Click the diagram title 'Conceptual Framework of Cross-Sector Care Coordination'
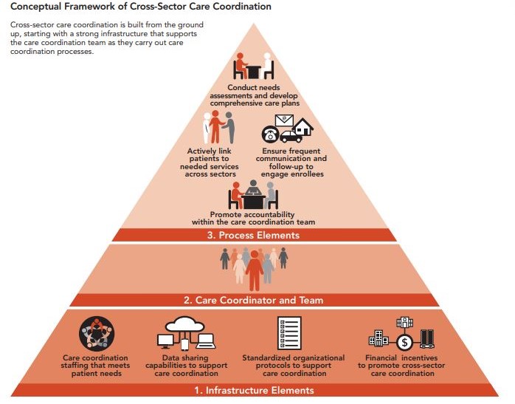point(141,7)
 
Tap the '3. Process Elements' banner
point(254,235)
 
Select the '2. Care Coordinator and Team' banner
point(254,300)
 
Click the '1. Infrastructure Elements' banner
point(254,390)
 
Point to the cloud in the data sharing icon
point(185,324)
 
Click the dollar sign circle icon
point(404,343)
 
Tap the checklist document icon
point(289,333)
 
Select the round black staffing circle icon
point(97,334)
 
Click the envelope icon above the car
point(284,120)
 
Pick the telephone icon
point(270,134)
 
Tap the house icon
point(303,127)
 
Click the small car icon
point(291,137)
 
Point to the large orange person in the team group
point(255,270)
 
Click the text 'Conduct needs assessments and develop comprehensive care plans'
point(254,95)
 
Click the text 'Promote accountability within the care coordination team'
point(253,219)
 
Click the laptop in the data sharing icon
point(206,341)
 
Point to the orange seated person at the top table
point(241,66)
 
